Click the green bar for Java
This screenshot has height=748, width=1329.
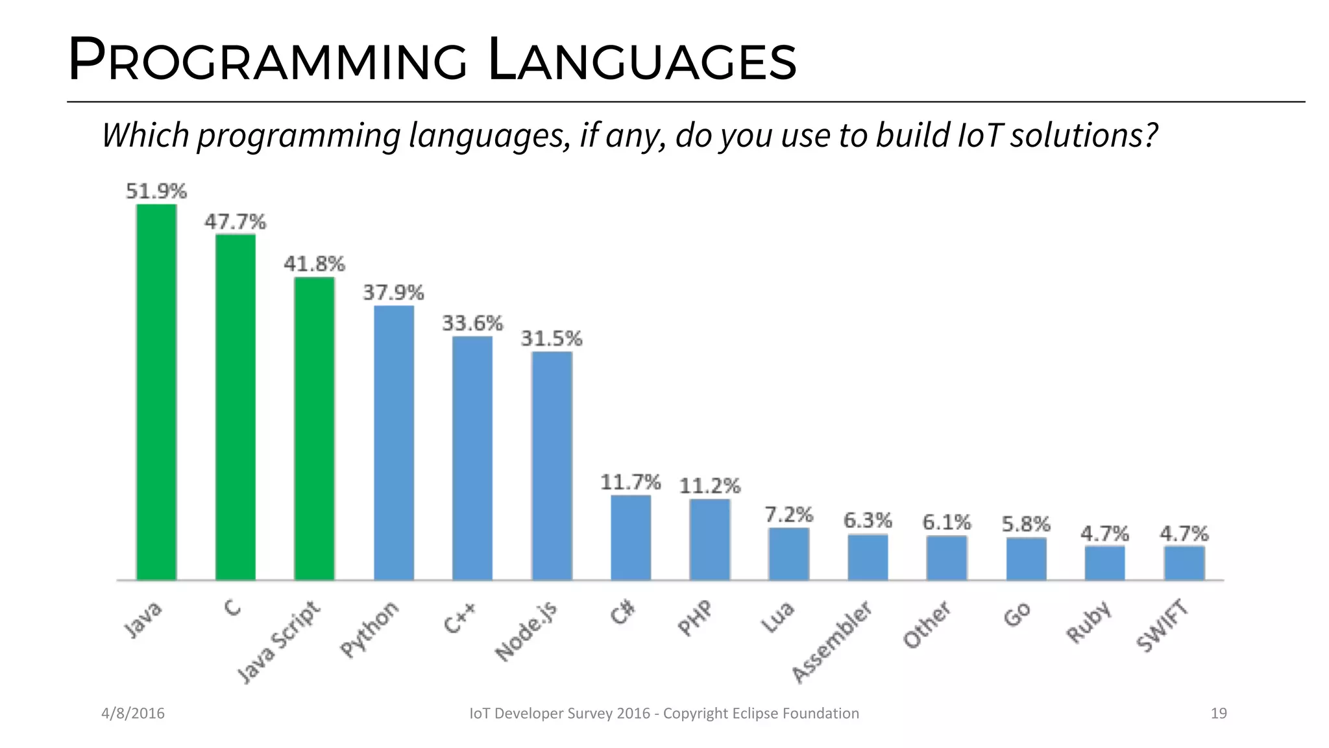tap(156, 392)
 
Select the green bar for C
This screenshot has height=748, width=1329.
tap(236, 407)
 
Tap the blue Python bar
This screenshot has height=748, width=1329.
tap(394, 443)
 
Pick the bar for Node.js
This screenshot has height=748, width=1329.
tap(552, 466)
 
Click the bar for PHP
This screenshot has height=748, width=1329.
tap(710, 539)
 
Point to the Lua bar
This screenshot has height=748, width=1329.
tap(788, 554)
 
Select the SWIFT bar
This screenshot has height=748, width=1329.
tap(1184, 563)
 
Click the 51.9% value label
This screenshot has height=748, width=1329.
tap(156, 192)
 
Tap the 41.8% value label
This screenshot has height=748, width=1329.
tap(315, 264)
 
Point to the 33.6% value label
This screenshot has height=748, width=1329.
tap(472, 323)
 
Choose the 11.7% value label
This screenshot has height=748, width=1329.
tap(630, 482)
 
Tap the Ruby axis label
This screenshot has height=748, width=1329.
tap(1090, 622)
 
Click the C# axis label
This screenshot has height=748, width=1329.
tap(622, 613)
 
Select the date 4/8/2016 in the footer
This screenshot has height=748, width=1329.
tap(133, 714)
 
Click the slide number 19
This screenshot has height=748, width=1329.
tap(1219, 714)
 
